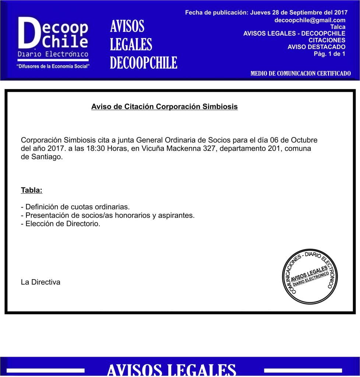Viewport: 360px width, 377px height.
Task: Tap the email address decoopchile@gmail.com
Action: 310,20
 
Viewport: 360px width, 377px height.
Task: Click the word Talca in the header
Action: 338,27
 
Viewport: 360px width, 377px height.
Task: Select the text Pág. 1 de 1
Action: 329,54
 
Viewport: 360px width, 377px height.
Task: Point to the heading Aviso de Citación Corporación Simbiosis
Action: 164,107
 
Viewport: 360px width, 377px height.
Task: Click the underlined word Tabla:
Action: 32,190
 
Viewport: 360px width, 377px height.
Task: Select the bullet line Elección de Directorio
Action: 61,223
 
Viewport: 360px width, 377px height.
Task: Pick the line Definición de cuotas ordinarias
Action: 75,207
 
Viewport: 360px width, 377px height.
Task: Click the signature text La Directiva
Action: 40,282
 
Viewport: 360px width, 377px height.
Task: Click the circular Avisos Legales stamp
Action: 310,276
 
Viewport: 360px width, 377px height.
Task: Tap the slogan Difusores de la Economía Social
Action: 53,66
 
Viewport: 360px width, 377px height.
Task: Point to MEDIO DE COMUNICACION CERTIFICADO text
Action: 300,74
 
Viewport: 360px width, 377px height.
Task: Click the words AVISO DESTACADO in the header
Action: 316,47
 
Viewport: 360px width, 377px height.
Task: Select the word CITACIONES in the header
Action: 327,40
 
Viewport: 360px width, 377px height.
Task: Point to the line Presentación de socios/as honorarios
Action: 108,215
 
